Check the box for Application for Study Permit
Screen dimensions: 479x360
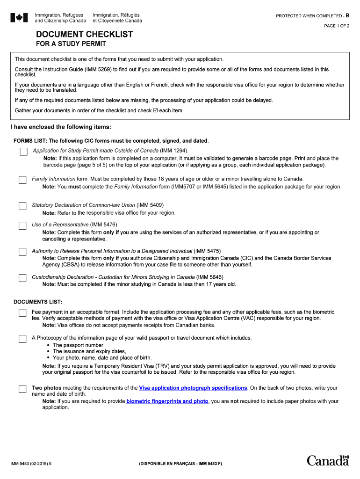pyautogui.click(x=23, y=152)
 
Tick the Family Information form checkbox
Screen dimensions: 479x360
pyautogui.click(x=22, y=180)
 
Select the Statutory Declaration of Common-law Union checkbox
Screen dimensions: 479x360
pyautogui.click(x=22, y=206)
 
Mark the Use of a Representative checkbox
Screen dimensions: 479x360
pyautogui.click(x=22, y=226)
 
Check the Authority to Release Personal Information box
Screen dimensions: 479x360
pyautogui.click(x=22, y=252)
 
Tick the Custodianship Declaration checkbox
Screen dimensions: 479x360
pyautogui.click(x=22, y=278)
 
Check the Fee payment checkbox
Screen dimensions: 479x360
pyautogui.click(x=22, y=313)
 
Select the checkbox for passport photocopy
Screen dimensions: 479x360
pyautogui.click(x=22, y=339)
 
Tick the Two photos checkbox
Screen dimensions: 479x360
pyautogui.click(x=22, y=389)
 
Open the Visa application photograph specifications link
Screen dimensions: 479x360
pyautogui.click(x=193, y=388)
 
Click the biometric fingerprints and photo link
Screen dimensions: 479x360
pyautogui.click(x=167, y=401)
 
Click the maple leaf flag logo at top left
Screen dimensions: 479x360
pyautogui.click(x=19, y=18)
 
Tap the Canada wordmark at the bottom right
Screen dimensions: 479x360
pyautogui.click(x=328, y=460)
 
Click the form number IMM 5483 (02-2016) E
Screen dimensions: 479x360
pyautogui.click(x=31, y=464)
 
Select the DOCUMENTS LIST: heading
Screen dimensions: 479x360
pyautogui.click(x=38, y=302)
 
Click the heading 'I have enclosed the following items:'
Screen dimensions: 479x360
pyautogui.click(x=61, y=127)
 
